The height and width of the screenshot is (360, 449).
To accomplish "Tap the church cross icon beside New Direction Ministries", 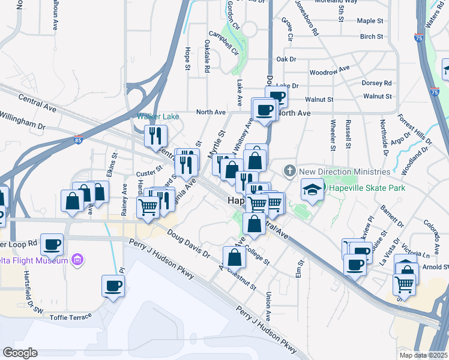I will coord(291,171).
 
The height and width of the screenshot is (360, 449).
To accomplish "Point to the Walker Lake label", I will coord(158,116).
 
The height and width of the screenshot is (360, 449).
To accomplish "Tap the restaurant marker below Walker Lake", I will coord(155,136).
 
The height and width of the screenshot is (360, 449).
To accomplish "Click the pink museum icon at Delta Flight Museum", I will coord(77,260).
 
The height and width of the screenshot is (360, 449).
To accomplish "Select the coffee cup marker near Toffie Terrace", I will coord(113,286).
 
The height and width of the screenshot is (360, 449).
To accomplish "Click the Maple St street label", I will coord(370,20).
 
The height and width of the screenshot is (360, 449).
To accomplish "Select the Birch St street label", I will coord(372,37).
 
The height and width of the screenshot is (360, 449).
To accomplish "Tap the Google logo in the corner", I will coord(20,353).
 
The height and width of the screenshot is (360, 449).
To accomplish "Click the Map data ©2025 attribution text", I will coord(423,355).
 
